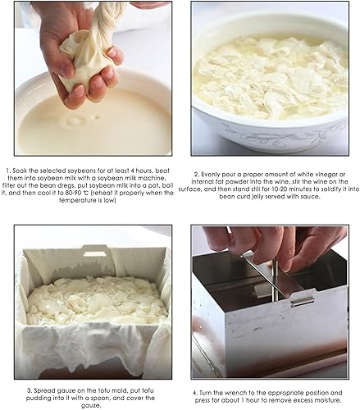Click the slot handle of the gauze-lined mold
[x=95, y=254]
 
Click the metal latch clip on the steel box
[x=302, y=301]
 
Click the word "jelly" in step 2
[x=257, y=197]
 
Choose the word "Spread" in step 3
[x=43, y=391]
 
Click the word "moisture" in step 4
[x=328, y=400]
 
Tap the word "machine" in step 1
[x=154, y=178]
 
